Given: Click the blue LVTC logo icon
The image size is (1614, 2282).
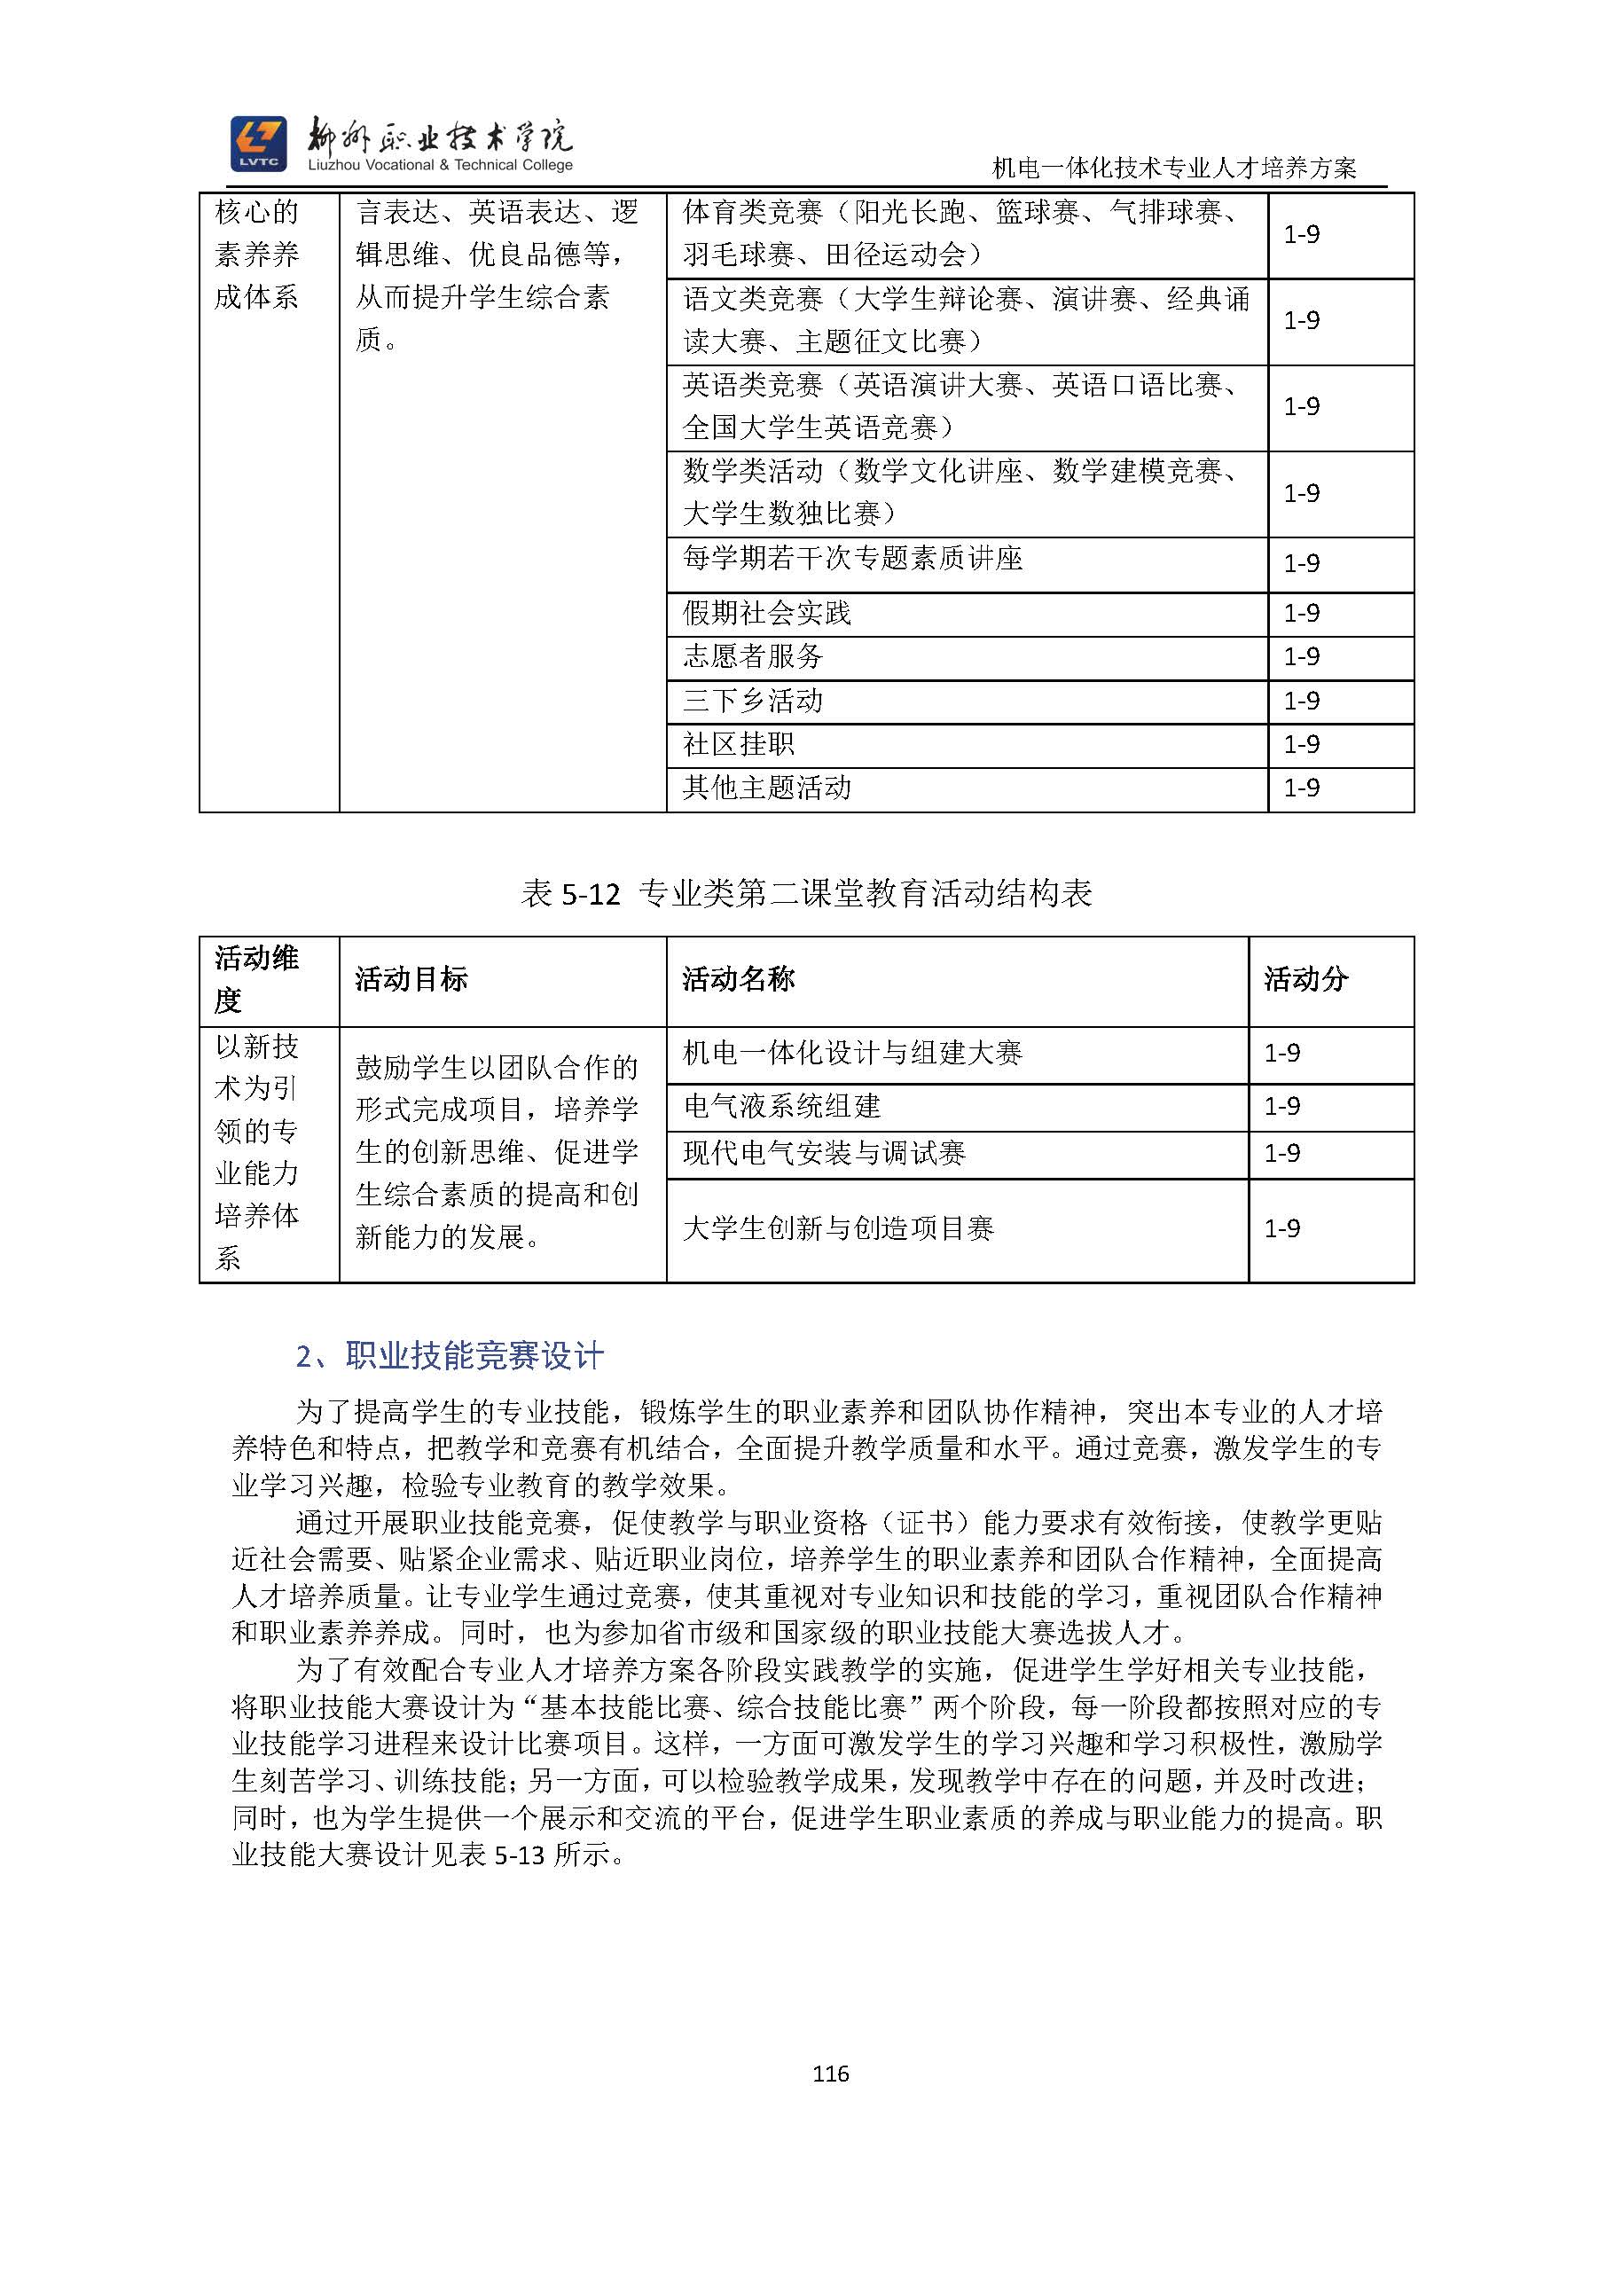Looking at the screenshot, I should point(258,143).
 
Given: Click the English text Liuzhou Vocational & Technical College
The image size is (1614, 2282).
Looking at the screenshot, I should point(440,165).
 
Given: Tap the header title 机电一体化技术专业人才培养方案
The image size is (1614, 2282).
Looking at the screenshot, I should point(1174,168).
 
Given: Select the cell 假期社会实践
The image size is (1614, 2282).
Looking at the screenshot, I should point(766,613).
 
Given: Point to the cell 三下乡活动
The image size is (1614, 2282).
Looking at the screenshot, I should point(752,701).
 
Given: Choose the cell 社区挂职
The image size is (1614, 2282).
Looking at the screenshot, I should point(739,744).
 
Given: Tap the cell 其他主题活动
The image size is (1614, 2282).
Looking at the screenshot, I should point(766,788).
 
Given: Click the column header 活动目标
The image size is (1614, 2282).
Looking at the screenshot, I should point(411,979).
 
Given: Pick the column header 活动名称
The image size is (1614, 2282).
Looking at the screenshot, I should point(738,979).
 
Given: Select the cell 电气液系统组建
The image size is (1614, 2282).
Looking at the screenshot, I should point(781,1106).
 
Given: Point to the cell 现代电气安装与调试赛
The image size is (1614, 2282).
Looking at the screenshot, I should point(824,1153).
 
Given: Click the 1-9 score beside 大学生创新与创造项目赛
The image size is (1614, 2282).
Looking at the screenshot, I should point(1282,1228).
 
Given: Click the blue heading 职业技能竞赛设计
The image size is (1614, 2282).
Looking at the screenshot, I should point(473,1356).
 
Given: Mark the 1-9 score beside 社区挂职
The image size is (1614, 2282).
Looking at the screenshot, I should point(1301,744).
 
